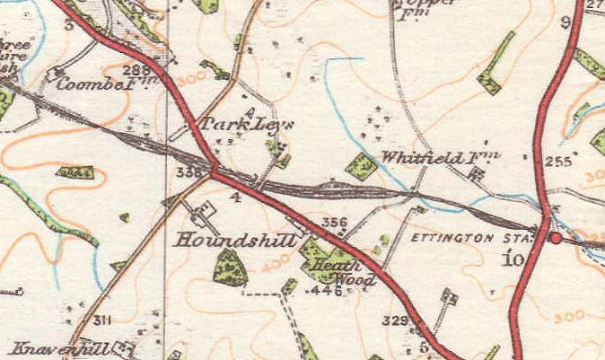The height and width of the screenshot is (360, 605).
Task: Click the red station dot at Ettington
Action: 556,239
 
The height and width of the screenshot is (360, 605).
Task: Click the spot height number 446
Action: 328,290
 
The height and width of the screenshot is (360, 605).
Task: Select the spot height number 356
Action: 334,222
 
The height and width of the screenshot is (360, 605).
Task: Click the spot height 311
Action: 101,320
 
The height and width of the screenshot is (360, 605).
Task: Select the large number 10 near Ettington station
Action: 512,260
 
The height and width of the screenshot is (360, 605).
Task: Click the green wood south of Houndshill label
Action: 231,268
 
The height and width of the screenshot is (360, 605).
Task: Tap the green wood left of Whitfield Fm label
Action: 361,165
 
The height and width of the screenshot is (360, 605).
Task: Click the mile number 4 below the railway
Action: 236,195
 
